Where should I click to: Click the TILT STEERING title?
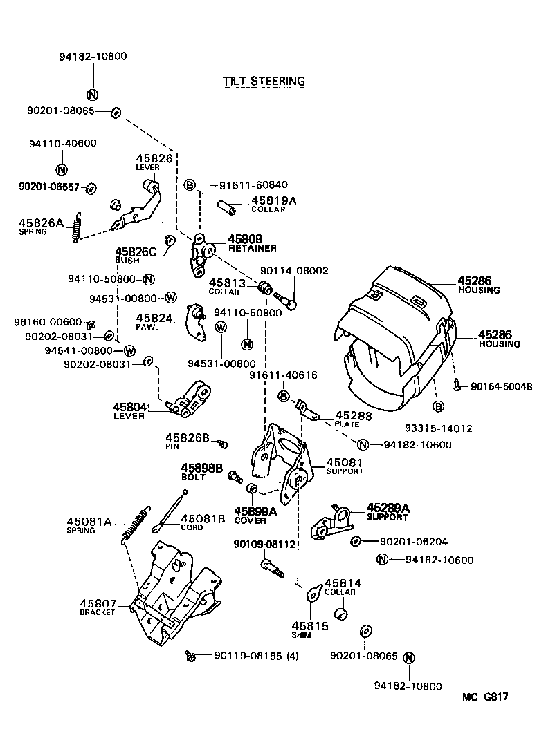264,81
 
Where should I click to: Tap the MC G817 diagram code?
486,697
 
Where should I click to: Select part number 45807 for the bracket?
98,603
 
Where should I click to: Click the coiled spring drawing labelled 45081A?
137,525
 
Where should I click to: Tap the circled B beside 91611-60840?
191,185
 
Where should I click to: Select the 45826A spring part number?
41,222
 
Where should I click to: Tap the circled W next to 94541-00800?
128,350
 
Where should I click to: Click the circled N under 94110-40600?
60,169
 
